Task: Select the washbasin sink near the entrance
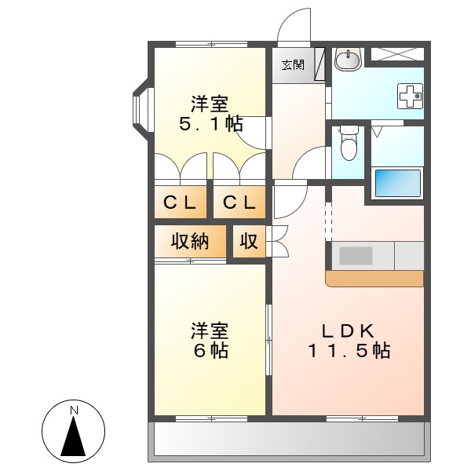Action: [348, 58]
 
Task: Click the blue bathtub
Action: [397, 182]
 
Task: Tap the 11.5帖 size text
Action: [348, 351]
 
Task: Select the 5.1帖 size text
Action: [210, 123]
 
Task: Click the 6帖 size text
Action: [210, 351]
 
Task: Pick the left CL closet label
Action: [181, 203]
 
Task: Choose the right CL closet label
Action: [239, 203]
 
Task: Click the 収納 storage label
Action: [190, 242]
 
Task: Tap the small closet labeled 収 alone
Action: [249, 242]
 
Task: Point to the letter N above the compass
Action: [74, 410]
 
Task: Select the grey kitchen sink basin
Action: [356, 255]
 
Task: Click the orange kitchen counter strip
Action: [374, 279]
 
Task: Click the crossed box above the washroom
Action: [396, 54]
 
